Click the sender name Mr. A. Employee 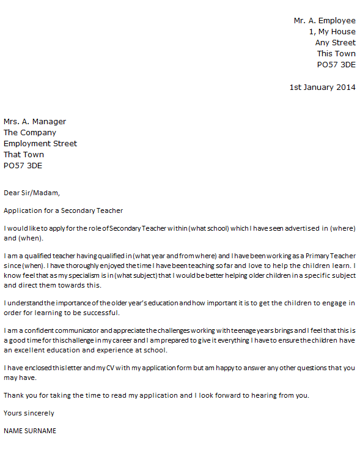[324, 21]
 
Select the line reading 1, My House [332, 32]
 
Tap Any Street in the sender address [335, 43]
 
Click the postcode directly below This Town [336, 65]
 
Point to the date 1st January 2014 [322, 87]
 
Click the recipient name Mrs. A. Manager [35, 122]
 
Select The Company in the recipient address [30, 133]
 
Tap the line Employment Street [40, 144]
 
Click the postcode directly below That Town [23, 166]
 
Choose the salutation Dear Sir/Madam [32, 193]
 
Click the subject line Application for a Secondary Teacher [64, 210]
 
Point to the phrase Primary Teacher [329, 255]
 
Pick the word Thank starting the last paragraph [14, 395]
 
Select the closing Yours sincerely [29, 413]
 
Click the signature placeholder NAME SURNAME [30, 431]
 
